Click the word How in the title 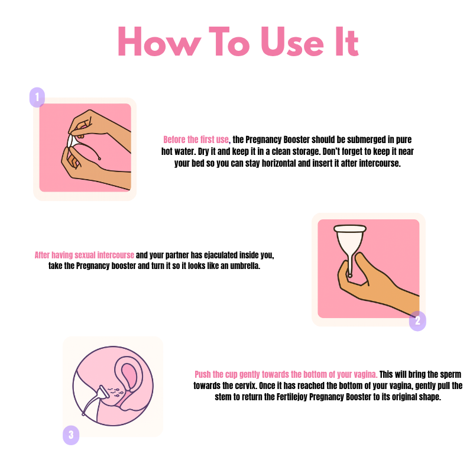click(x=159, y=41)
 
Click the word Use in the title click(x=292, y=41)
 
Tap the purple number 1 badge click(x=37, y=97)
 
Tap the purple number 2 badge click(x=417, y=320)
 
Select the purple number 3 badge click(x=71, y=435)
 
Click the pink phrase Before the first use click(x=196, y=140)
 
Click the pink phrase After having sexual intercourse click(x=84, y=255)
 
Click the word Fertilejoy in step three click(x=291, y=397)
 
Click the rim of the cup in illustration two click(x=350, y=228)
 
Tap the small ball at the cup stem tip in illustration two click(x=350, y=275)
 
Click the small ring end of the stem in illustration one click(x=99, y=158)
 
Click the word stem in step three click(x=223, y=397)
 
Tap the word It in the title click(x=347, y=41)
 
